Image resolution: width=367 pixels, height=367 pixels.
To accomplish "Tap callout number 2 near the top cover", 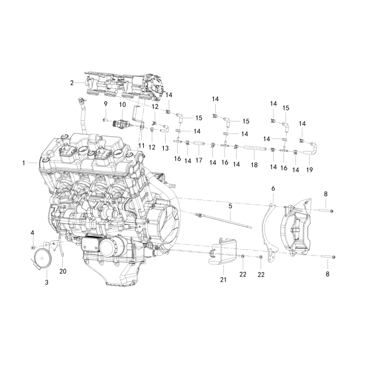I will tap(72, 83).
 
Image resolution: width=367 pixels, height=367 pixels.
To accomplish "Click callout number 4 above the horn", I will tap(32, 233).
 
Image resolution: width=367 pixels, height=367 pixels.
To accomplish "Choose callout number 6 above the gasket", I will tap(273, 189).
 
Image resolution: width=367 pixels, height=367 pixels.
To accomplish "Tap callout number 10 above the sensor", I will tap(122, 105).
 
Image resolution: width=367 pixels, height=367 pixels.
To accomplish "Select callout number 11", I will tap(141, 145).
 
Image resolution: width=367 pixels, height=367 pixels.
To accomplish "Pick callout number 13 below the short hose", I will tap(165, 148).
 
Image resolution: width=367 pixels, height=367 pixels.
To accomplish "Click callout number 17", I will tap(199, 161).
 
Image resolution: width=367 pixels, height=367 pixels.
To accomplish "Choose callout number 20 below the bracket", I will tap(63, 271).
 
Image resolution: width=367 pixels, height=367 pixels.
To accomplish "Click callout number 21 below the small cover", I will tap(223, 279).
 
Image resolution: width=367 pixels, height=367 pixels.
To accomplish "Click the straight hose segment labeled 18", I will tap(253, 148).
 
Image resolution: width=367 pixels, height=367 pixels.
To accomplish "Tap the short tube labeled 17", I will tap(199, 146).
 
